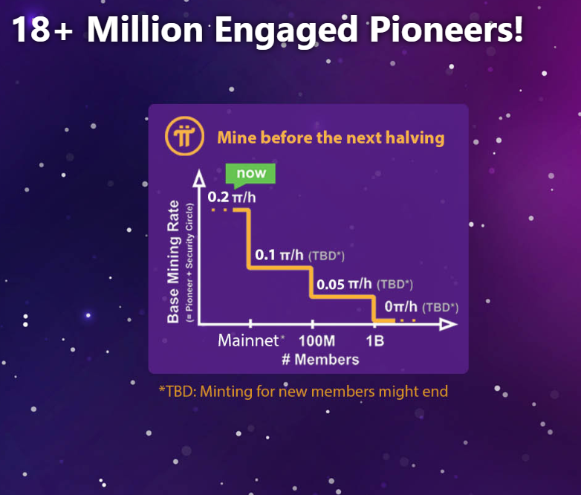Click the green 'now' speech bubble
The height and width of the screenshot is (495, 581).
[x=250, y=173]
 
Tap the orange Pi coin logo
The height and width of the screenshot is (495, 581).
[x=184, y=136]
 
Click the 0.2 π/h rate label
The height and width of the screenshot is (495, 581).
[x=232, y=197]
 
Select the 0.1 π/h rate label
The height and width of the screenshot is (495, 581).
[x=279, y=255]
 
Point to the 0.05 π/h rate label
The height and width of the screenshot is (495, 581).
[x=344, y=284]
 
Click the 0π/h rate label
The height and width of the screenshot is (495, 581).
[x=401, y=307]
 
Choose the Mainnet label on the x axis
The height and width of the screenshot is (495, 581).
[x=248, y=340]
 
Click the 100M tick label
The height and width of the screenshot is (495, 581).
[x=317, y=341]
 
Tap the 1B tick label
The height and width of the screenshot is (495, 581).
[x=375, y=341]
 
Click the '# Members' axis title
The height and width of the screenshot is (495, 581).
[x=320, y=359]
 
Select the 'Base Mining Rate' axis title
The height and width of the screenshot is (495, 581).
[x=173, y=262]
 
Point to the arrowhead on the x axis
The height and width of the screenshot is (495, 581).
[x=448, y=325]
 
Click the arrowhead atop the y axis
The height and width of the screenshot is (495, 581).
[x=199, y=178]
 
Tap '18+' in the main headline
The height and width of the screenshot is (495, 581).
[x=42, y=30]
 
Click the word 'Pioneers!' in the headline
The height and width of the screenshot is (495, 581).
[x=446, y=30]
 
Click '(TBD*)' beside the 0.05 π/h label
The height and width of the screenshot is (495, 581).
[x=395, y=285]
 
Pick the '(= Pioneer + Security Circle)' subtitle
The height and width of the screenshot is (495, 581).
[x=189, y=262]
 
